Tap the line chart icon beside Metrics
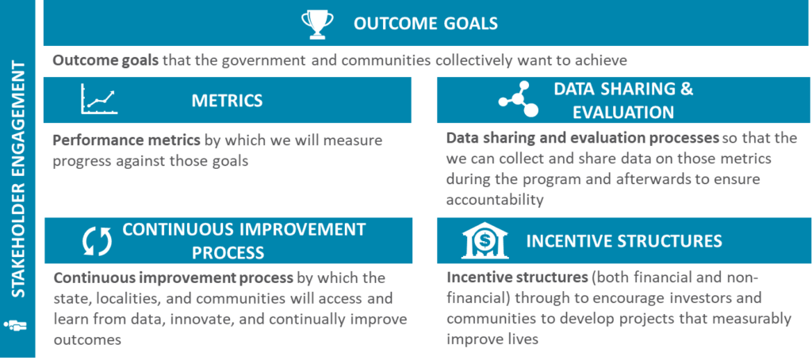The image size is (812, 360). coord(99,99)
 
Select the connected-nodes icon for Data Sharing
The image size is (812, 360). coord(519,99)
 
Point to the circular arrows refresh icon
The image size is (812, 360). coord(98,241)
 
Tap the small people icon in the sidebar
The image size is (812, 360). coord(17,325)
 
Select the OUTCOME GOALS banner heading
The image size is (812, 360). coord(426,24)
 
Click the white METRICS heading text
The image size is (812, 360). coord(227,100)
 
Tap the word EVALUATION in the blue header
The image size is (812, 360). coord(622,112)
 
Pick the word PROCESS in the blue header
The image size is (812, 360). coord(228,253)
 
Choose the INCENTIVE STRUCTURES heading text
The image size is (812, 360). coord(624,241)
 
